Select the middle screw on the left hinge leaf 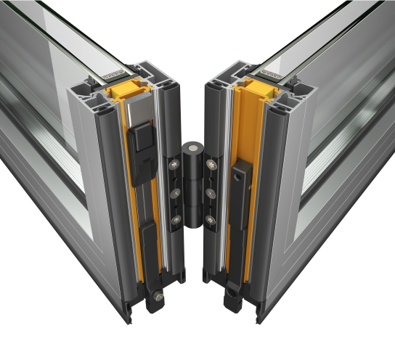click(174, 193)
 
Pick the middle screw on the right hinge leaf click(211, 193)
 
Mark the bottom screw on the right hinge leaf click(211, 219)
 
